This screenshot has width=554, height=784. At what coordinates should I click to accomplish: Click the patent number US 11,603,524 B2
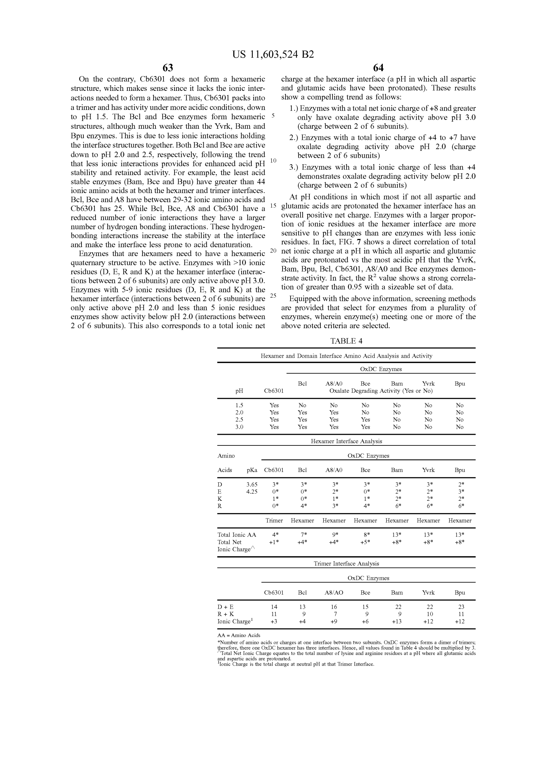(273, 55)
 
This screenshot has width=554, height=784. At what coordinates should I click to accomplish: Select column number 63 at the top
(168, 68)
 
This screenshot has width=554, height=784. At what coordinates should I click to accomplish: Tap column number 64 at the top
(378, 68)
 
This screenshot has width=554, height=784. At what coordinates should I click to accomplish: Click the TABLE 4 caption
(346, 341)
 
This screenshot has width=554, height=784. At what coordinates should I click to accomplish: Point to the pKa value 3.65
(252, 484)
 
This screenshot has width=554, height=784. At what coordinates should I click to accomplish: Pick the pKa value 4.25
(252, 491)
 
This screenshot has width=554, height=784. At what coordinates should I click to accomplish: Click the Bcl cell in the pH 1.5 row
(302, 405)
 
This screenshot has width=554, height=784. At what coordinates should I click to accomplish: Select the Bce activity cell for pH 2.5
(365, 420)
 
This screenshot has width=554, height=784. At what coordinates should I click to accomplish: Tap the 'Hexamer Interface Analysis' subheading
(346, 441)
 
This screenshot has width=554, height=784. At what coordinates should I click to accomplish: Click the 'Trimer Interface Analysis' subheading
(346, 563)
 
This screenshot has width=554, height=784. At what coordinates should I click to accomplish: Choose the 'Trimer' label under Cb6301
(274, 521)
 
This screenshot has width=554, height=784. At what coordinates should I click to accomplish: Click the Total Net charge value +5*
(365, 542)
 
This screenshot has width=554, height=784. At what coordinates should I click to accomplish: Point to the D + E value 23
(459, 607)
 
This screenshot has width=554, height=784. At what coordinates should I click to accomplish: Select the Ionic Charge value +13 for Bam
(396, 621)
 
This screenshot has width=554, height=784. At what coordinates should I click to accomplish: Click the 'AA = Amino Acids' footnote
(239, 636)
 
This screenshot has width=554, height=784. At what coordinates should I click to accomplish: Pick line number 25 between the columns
(273, 296)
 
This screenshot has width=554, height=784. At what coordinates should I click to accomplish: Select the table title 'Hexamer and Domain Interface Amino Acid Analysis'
(346, 356)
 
